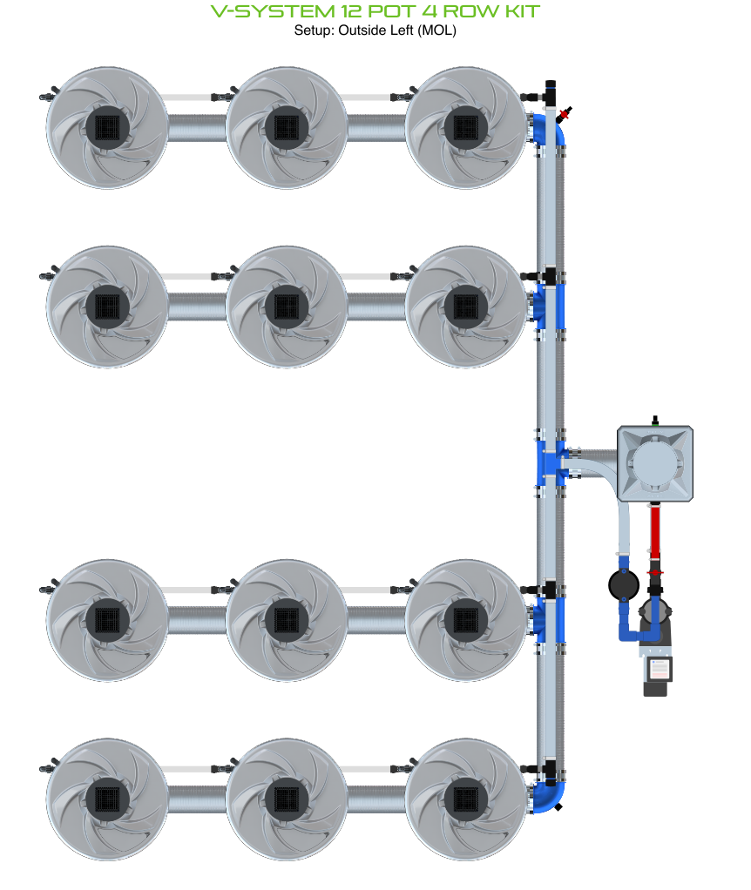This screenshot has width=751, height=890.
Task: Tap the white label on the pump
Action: coord(660,669)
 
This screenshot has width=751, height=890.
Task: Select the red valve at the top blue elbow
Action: coord(565,114)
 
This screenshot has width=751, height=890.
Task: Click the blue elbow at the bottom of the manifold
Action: coord(550,797)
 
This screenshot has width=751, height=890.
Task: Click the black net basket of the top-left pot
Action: coord(106,128)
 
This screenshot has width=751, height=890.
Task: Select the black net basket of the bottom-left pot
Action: coord(106,798)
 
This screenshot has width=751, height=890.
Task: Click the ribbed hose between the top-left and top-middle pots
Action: coord(196,128)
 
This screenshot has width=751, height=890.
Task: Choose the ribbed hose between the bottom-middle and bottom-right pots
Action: coord(375,798)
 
